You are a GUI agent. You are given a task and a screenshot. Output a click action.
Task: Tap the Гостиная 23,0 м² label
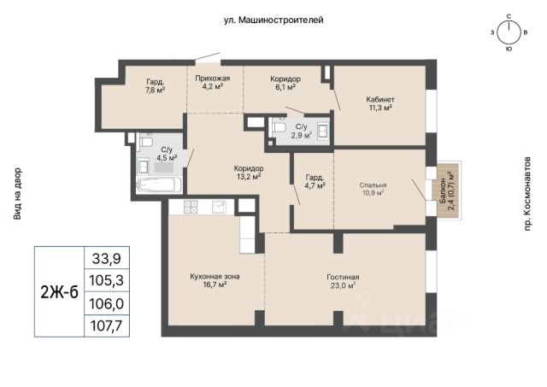tap(343, 281)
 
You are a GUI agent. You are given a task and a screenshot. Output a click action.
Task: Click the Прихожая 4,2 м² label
tap(213, 82)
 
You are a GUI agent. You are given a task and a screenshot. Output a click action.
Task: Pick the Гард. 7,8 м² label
tap(156, 86)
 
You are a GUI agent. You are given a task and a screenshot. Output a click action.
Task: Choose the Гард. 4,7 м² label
tap(315, 181)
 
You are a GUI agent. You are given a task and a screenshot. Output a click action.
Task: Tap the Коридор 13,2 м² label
tap(249, 173)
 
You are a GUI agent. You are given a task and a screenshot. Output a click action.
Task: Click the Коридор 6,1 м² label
tap(285, 83)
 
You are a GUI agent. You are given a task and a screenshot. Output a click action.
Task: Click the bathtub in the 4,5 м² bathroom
tap(159, 185)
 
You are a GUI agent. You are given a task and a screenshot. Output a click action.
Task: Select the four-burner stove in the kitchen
tap(191, 207)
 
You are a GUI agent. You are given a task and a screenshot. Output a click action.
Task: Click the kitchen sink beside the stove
tap(219, 207)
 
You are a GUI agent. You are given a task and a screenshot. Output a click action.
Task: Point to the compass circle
tap(509, 33)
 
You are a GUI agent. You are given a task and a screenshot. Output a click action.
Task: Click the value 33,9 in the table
tap(106, 258)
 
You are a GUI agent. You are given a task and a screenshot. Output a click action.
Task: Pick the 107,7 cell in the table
tap(106, 325)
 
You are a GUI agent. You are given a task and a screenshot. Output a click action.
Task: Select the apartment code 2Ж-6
tap(59, 292)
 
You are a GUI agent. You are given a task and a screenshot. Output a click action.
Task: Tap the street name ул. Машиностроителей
tap(273, 21)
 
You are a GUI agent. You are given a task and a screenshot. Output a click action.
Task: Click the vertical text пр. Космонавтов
tap(527, 193)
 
